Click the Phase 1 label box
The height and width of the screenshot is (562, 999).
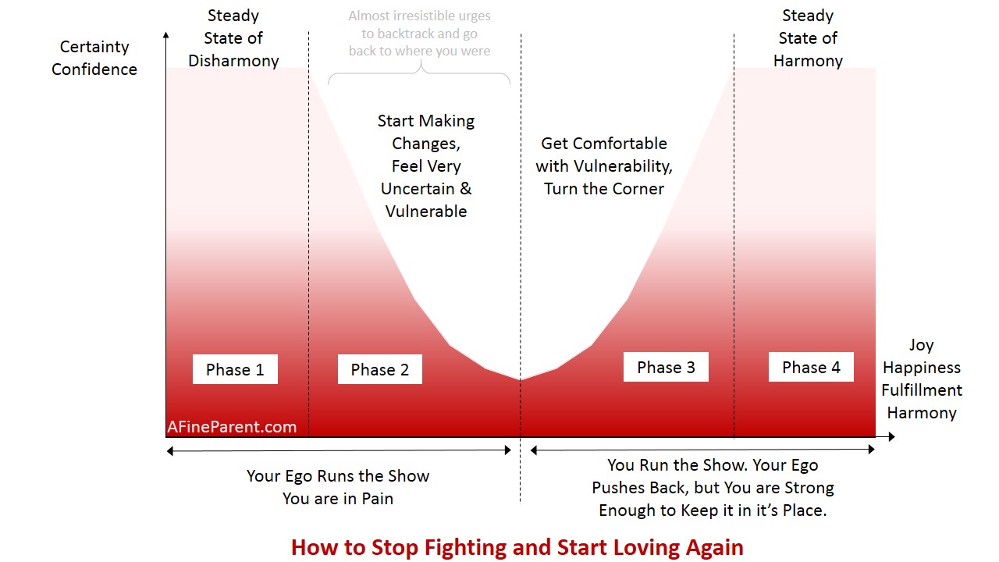coord(235,369)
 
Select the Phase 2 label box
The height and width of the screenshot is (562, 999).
coord(380,369)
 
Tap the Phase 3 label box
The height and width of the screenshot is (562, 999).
coord(666,367)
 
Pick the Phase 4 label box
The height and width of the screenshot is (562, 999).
coord(811,367)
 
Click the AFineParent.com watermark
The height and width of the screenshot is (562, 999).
coord(232,427)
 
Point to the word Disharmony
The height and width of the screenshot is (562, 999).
coord(233,61)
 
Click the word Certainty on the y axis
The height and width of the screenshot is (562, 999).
coord(94,47)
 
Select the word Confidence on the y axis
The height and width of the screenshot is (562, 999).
coord(94,69)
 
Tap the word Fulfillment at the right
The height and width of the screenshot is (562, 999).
coord(922,390)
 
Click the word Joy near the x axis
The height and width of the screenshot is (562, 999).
coord(922,345)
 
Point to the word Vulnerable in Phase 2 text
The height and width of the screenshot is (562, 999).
coord(426,211)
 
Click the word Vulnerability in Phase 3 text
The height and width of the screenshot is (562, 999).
coord(623,166)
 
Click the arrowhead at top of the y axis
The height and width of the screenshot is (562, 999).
coord(166,35)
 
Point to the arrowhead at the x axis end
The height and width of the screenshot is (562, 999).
coord(891,436)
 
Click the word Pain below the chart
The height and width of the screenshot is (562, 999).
coord(377,499)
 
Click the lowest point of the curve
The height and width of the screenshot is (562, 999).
coord(520,379)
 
